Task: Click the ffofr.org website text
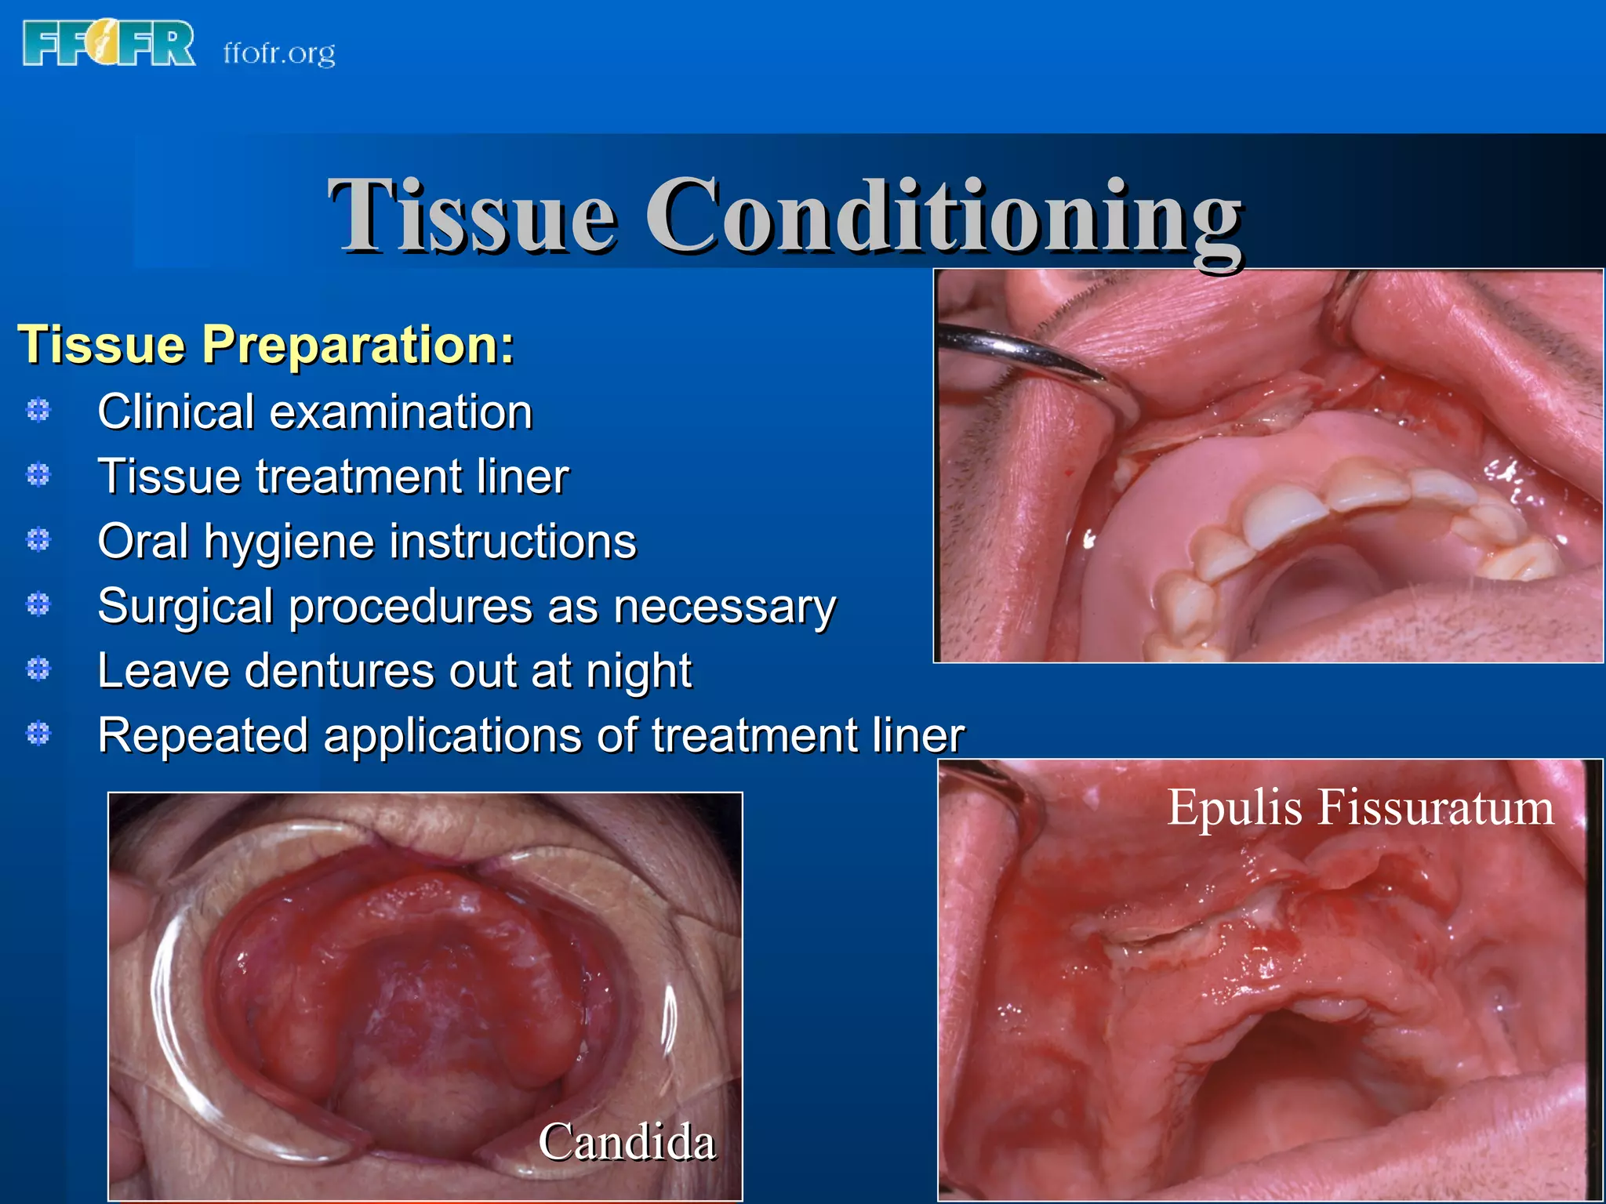point(279,53)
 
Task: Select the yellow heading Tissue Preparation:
point(266,345)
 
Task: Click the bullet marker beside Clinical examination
point(38,410)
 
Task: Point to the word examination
point(401,412)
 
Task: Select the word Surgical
point(186,607)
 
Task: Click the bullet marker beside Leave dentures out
point(38,669)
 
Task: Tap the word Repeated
point(202,737)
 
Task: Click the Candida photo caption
point(627,1141)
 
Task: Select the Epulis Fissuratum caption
point(1360,807)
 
